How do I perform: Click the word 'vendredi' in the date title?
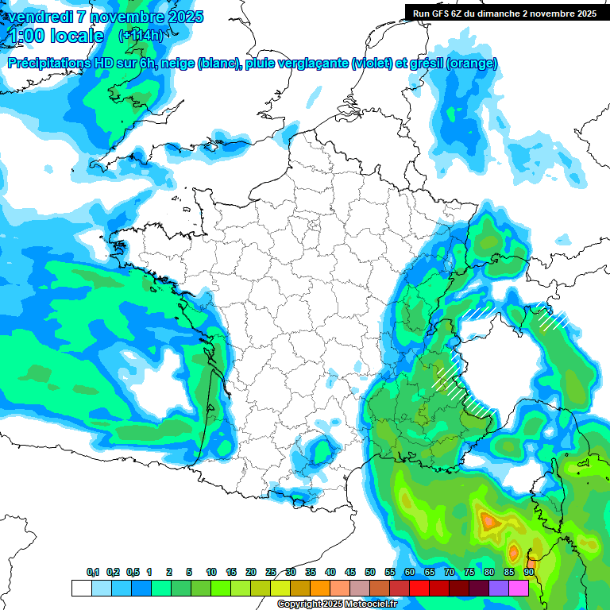tap(37, 17)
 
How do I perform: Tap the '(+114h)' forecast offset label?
tap(141, 36)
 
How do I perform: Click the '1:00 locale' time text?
tap(56, 36)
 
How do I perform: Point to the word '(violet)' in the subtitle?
tap(372, 64)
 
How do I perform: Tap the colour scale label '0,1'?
tap(93, 572)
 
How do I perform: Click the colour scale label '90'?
tap(528, 572)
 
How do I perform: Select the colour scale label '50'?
tap(370, 572)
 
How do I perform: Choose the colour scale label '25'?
tap(271, 572)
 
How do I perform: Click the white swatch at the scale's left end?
tap(81, 588)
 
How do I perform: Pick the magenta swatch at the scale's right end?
tap(519, 588)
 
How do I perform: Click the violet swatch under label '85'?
tap(499, 588)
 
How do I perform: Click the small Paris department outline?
tap(312, 224)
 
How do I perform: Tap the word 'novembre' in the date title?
tap(122, 17)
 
